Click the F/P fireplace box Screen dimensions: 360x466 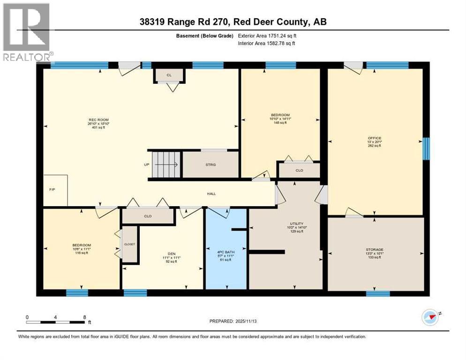pyautogui.click(x=55, y=190)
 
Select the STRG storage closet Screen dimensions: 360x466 pyautogui.click(x=210, y=165)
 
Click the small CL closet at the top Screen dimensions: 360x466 pyautogui.click(x=169, y=75)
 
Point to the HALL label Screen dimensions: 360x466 pyautogui.click(x=212, y=194)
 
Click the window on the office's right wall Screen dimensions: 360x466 pyautogui.click(x=426, y=149)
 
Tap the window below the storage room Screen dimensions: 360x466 pyautogui.click(x=378, y=294)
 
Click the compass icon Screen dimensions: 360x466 pyautogui.click(x=430, y=317)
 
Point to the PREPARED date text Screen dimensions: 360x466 pyautogui.click(x=233, y=321)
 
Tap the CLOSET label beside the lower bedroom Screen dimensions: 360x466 pyautogui.click(x=129, y=244)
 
